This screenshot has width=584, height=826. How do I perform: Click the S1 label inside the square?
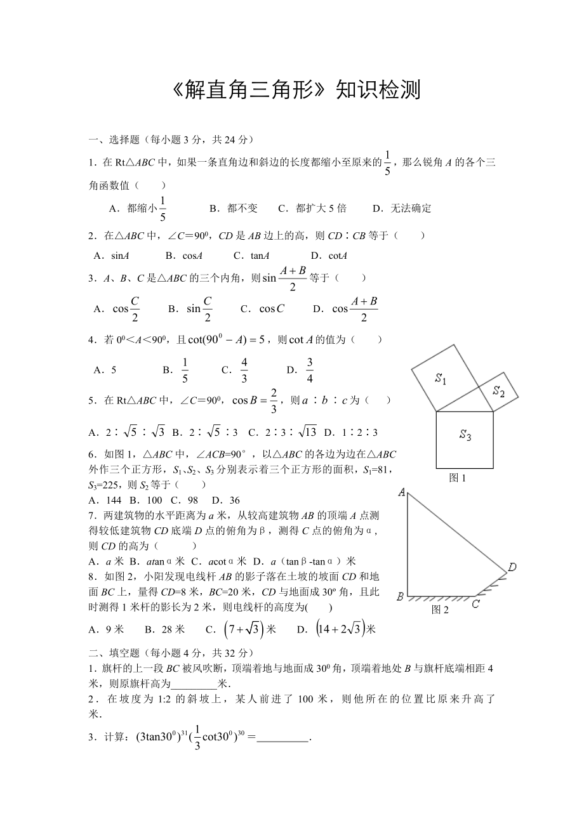tap(441, 379)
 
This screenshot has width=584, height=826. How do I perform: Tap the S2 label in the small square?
tap(499, 391)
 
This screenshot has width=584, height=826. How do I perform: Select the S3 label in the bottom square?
tap(465, 435)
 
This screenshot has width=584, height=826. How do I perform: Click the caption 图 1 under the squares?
tap(458, 478)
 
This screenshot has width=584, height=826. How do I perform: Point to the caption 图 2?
tap(440, 610)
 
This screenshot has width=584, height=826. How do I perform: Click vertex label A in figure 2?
tap(401, 492)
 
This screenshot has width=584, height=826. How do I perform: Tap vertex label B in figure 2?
tap(400, 596)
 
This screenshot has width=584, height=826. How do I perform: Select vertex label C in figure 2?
tap(475, 604)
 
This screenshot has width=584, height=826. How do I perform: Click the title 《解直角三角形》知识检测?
tap(296, 90)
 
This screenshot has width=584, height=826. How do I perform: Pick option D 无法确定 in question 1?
tap(402, 208)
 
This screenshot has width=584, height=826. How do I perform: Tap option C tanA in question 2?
tap(251, 256)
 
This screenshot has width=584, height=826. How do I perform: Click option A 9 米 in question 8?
tap(107, 629)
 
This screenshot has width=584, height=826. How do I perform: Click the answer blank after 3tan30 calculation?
tap(282, 737)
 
